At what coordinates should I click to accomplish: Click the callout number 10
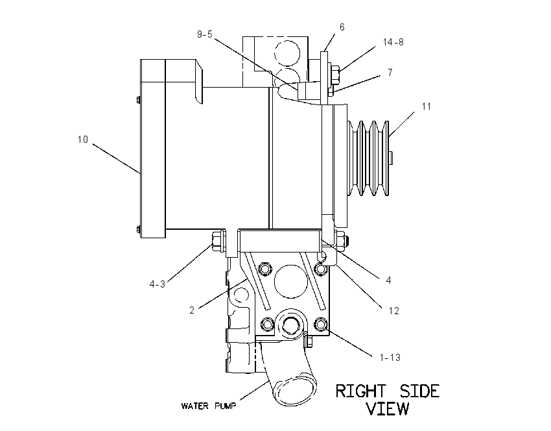[x=83, y=140]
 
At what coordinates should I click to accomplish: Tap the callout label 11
[x=427, y=106]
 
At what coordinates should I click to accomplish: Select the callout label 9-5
[x=205, y=34]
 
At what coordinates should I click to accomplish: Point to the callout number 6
[x=342, y=27]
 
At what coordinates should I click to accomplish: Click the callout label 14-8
[x=393, y=42]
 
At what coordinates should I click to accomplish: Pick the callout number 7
[x=390, y=73]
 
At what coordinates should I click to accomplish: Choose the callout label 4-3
[x=157, y=284]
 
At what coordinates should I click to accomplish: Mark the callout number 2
[x=192, y=310]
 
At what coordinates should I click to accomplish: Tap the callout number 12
[x=394, y=311]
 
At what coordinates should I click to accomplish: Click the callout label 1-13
[x=390, y=358]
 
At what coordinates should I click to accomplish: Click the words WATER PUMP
[x=209, y=406]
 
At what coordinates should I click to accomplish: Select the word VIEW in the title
[x=388, y=408]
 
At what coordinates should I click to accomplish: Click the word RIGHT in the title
[x=360, y=391]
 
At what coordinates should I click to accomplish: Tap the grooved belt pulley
[x=368, y=158]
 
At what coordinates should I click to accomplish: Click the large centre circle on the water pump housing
[x=290, y=282]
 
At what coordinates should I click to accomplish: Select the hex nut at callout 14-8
[x=334, y=75]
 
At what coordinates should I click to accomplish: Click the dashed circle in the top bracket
[x=287, y=53]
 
